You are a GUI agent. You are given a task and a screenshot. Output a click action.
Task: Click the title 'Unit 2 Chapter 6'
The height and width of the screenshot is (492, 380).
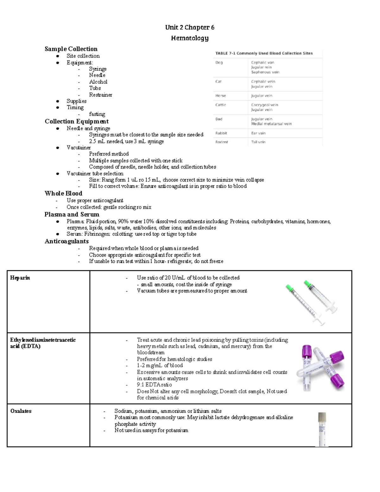click(x=189, y=28)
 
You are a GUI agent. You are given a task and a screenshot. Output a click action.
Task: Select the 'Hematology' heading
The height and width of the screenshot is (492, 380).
click(x=189, y=38)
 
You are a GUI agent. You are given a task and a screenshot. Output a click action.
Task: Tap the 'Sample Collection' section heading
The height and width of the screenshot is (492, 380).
click(x=71, y=49)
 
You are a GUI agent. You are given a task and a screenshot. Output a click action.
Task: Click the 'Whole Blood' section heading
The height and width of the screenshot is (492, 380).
click(x=63, y=194)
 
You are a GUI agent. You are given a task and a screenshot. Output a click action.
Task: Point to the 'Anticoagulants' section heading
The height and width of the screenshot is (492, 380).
click(x=66, y=241)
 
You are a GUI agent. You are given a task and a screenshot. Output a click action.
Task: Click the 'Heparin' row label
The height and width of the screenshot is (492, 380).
click(x=20, y=278)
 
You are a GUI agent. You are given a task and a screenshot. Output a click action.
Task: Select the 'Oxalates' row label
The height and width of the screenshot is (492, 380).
click(x=21, y=411)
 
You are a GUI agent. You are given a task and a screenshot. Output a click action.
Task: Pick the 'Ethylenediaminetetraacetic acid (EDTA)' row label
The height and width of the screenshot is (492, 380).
click(x=43, y=343)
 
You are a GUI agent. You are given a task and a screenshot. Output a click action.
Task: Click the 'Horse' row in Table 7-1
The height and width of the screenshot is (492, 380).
click(x=221, y=96)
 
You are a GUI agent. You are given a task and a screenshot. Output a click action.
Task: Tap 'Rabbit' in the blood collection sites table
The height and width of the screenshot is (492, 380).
click(x=221, y=133)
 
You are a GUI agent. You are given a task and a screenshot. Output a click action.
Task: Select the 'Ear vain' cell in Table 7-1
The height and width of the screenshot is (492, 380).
click(x=258, y=133)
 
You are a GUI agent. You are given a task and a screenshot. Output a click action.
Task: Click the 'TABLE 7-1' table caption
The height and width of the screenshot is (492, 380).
click(x=264, y=53)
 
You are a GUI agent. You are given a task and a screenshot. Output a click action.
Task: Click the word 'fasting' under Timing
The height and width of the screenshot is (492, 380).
click(x=97, y=114)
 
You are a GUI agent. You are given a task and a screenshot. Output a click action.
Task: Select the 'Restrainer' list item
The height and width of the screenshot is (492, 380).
click(x=100, y=95)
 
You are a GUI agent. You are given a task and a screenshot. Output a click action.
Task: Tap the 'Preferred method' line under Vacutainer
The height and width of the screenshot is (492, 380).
click(x=109, y=154)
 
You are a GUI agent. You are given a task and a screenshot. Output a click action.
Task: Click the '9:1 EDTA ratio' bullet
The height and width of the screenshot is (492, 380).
click(x=154, y=385)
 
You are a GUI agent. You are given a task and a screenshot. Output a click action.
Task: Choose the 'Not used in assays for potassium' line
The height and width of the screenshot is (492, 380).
click(x=151, y=431)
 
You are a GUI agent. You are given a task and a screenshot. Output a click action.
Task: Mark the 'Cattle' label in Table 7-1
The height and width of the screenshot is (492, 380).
click(x=221, y=105)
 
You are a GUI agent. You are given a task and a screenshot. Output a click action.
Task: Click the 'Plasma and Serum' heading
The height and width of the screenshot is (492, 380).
click(x=72, y=214)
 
